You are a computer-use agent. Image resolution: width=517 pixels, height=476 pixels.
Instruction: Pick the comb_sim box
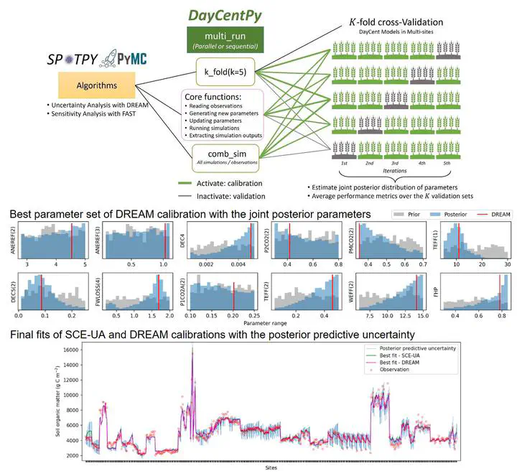pos(225,156)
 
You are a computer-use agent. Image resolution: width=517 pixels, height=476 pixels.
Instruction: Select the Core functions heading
pos(223,97)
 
